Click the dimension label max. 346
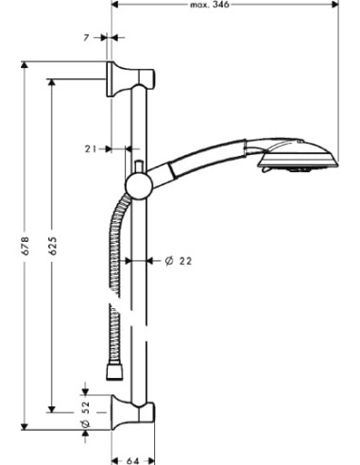pos(210,5)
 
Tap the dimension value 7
pos(86,38)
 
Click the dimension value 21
pos(91,148)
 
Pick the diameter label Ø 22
pos(179,261)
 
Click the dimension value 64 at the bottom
pos(132,461)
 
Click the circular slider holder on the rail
pos(139,187)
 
